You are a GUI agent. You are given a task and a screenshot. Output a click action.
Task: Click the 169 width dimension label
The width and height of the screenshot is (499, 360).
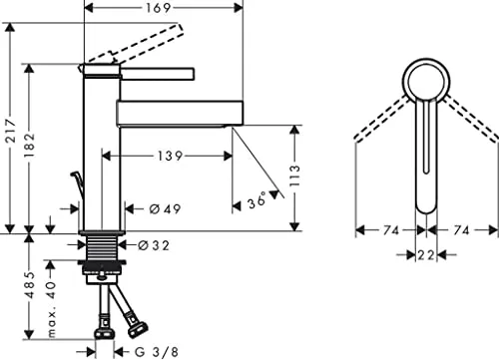159,8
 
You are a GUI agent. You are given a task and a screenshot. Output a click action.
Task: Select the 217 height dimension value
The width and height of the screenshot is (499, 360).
11,131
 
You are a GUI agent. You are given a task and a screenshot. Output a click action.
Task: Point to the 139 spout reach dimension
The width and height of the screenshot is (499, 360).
170,156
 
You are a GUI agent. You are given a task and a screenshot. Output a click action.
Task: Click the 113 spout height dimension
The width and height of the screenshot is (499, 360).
294,176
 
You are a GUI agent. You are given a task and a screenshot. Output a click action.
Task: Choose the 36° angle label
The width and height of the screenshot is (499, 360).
256,200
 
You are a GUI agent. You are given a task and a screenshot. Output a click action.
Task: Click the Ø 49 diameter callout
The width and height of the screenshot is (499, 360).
165,209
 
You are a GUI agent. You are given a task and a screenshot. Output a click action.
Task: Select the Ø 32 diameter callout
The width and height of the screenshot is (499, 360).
154,245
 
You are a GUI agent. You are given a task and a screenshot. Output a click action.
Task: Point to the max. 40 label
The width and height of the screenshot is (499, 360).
51,309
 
